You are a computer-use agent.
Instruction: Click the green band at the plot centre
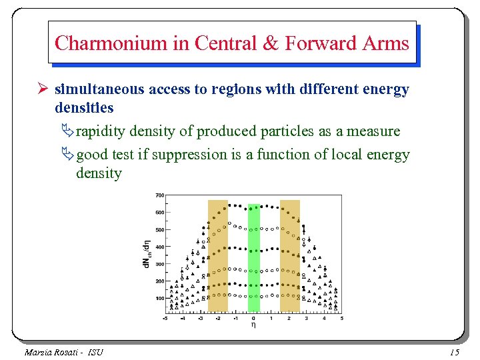253,257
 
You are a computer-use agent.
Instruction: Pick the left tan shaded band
217,257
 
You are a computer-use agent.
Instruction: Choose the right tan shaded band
289,257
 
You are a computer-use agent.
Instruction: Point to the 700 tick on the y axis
160,195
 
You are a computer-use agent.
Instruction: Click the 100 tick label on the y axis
160,298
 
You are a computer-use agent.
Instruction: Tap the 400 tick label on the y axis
160,247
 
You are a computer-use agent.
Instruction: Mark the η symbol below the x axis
253,325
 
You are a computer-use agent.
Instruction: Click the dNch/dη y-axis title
147,254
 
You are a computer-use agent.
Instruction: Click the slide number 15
455,351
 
